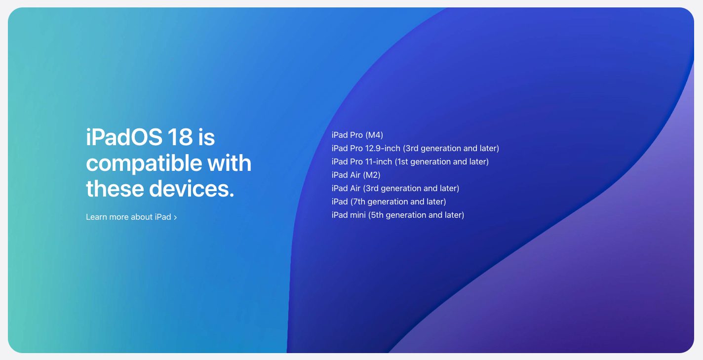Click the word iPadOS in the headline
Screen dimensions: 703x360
(x=124, y=137)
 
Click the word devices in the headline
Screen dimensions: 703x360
(x=192, y=189)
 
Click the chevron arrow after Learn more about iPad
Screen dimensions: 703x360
(x=175, y=217)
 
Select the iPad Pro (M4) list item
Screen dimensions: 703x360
(x=357, y=135)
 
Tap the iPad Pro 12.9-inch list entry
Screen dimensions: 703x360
(x=415, y=148)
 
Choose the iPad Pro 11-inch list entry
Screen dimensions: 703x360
(x=410, y=161)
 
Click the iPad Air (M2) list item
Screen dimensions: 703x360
(x=356, y=175)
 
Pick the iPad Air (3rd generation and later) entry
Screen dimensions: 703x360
(x=395, y=188)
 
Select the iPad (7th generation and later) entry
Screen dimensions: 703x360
(x=389, y=201)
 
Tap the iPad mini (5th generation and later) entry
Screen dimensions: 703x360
(x=398, y=215)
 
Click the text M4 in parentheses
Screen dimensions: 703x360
(x=374, y=135)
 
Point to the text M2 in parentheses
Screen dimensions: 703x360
(x=372, y=175)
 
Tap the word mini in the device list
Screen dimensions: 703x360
(x=358, y=215)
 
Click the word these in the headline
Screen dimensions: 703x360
(x=115, y=189)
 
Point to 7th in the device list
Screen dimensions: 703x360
(x=359, y=201)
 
